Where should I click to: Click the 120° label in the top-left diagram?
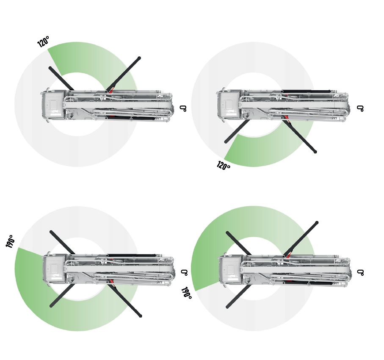(43, 42)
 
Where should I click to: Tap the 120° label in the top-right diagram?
(224, 166)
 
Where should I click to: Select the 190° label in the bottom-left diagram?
(10, 241)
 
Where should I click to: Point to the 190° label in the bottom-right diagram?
(186, 293)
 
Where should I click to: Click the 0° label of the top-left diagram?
(183, 108)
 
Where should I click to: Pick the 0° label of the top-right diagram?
(360, 108)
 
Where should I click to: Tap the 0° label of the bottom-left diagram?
(184, 272)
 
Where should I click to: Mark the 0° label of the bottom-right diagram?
(360, 272)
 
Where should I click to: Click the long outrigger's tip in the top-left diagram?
(139, 58)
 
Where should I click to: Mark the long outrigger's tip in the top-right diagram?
(315, 152)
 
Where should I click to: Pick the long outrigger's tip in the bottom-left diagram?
(140, 316)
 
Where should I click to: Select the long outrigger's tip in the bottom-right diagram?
(317, 222)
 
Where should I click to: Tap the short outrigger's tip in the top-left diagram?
(50, 68)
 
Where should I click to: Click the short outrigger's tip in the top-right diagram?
(226, 141)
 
